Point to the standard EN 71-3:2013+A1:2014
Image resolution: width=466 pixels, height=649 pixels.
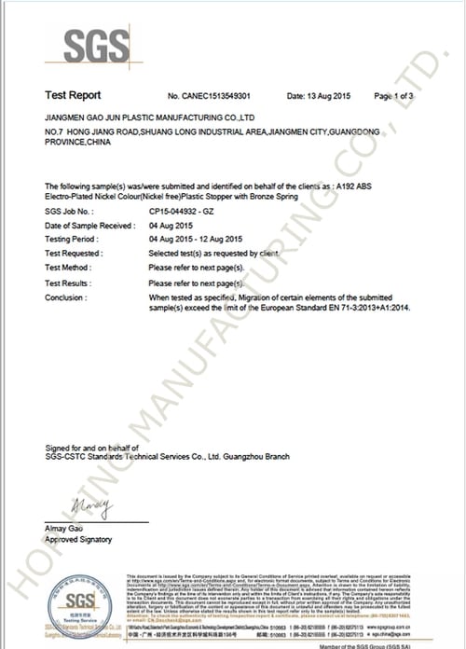[362, 307]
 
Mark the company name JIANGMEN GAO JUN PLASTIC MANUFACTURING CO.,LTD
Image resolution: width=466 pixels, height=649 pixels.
[149, 119]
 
